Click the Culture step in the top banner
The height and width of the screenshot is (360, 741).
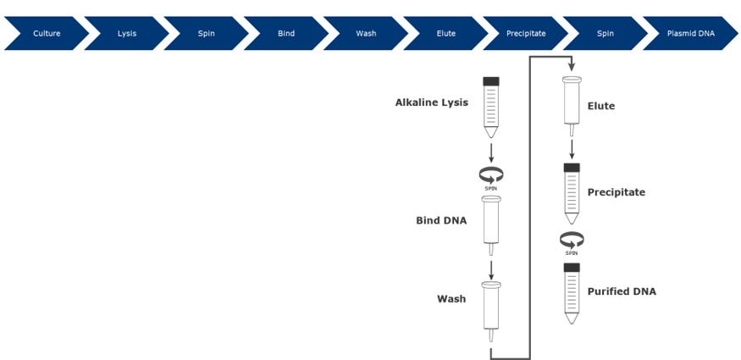coord(46,34)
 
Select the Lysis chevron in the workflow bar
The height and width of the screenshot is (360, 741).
coord(126,34)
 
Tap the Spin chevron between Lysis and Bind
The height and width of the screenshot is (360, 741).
coord(206,34)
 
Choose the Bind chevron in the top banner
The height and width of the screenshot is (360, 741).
coord(286,34)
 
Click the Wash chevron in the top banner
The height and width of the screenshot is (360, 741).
coord(367,34)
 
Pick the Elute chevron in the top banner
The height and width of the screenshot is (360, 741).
coord(446,34)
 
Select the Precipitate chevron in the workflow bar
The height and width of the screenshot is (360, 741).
coord(526,34)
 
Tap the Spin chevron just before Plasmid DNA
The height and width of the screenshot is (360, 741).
coord(606,34)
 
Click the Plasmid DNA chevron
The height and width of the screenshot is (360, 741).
coord(688,34)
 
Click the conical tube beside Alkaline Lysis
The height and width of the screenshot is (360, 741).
coord(490,107)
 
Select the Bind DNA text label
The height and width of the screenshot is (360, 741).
coord(441,222)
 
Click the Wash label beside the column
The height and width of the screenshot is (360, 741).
coord(451,299)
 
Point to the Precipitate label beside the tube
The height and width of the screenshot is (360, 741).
coord(617,192)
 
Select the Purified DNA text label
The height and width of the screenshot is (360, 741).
coord(622,291)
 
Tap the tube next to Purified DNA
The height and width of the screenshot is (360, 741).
coord(572,292)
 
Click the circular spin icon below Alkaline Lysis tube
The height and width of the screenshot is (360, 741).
coord(491,174)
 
